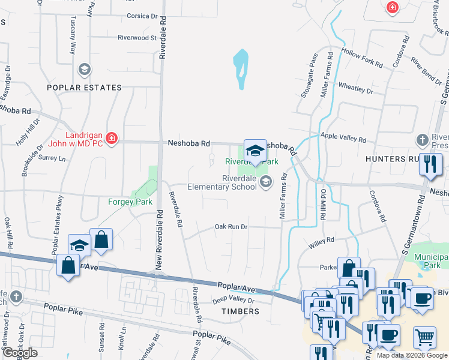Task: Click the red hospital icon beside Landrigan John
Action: [x=110, y=139]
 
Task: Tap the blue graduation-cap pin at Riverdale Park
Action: [x=255, y=151]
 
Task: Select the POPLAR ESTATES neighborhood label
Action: [x=85, y=88]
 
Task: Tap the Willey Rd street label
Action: [x=321, y=242]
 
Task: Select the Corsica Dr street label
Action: [x=141, y=16]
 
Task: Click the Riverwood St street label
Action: [x=137, y=37]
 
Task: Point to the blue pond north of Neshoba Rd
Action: [x=241, y=68]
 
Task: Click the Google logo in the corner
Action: [x=19, y=353]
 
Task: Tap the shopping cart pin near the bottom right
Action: [x=425, y=337]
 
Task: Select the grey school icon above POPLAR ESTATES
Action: [x=85, y=70]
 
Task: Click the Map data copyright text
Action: [x=412, y=355]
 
